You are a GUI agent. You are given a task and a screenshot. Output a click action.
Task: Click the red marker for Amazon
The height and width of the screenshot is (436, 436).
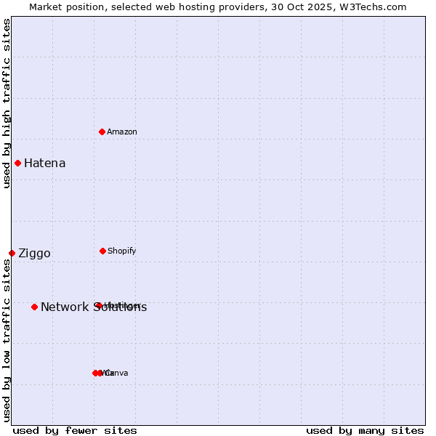pyautogui.click(x=102, y=132)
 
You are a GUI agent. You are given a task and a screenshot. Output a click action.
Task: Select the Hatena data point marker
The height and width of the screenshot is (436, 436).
pyautogui.click(x=17, y=163)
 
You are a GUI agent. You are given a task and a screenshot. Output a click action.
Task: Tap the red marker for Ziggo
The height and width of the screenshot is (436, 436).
pyautogui.click(x=12, y=253)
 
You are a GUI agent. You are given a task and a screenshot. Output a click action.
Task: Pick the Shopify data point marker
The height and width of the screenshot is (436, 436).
pyautogui.click(x=102, y=251)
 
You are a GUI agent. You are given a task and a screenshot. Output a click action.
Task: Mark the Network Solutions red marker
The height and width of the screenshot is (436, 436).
pyautogui.click(x=34, y=307)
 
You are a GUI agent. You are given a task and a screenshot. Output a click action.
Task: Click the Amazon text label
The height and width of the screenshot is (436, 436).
pyautogui.click(x=122, y=132)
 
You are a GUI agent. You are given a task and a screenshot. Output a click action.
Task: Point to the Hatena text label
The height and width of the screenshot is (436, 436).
pyautogui.click(x=44, y=163)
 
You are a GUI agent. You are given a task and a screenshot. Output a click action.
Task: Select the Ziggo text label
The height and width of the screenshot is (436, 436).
pyautogui.click(x=34, y=253)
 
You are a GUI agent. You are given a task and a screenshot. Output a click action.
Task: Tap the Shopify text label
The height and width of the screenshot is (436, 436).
pyautogui.click(x=122, y=251)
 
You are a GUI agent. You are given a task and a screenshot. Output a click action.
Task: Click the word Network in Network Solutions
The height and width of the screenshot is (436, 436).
pyautogui.click(x=63, y=307)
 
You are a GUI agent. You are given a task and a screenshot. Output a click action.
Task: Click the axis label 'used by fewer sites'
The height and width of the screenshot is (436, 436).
pyautogui.click(x=75, y=430)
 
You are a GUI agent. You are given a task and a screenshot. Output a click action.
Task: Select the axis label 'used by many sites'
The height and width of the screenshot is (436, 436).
pyautogui.click(x=365, y=430)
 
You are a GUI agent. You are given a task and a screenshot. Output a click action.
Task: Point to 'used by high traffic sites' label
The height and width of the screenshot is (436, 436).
pyautogui.click(x=7, y=103)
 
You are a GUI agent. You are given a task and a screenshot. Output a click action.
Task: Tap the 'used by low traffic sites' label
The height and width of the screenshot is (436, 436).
pyautogui.click(x=7, y=340)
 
